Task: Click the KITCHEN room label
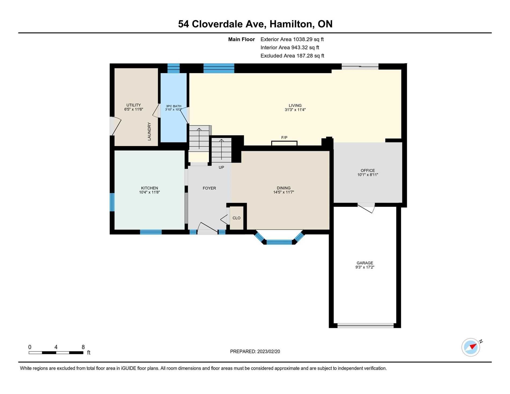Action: click(150, 188)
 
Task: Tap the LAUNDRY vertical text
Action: click(149, 132)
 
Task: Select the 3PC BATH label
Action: click(174, 106)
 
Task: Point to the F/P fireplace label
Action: click(284, 138)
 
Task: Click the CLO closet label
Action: click(236, 218)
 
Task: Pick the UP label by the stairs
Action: click(221, 167)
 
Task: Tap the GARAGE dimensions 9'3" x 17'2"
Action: click(365, 267)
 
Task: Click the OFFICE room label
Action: click(368, 170)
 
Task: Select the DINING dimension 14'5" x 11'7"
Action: click(284, 192)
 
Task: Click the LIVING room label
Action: click(295, 105)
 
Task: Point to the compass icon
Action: click(471, 347)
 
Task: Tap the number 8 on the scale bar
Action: click(83, 347)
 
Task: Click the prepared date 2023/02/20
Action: click(268, 352)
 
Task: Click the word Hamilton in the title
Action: click(292, 24)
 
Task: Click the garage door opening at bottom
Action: click(366, 326)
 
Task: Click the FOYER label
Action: click(209, 188)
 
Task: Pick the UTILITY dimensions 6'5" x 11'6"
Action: click(134, 109)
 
